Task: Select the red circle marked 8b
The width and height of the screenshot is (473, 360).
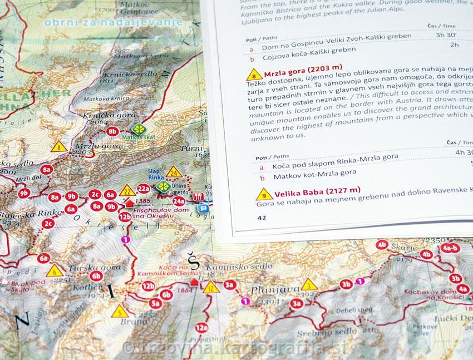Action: (x=114, y=132)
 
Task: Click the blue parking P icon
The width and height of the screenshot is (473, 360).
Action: (x=204, y=209)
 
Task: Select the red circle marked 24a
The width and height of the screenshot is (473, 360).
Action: (x=179, y=201)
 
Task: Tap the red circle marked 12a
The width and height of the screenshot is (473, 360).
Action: (x=201, y=328)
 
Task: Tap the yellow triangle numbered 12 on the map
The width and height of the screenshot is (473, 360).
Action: (x=211, y=287)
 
